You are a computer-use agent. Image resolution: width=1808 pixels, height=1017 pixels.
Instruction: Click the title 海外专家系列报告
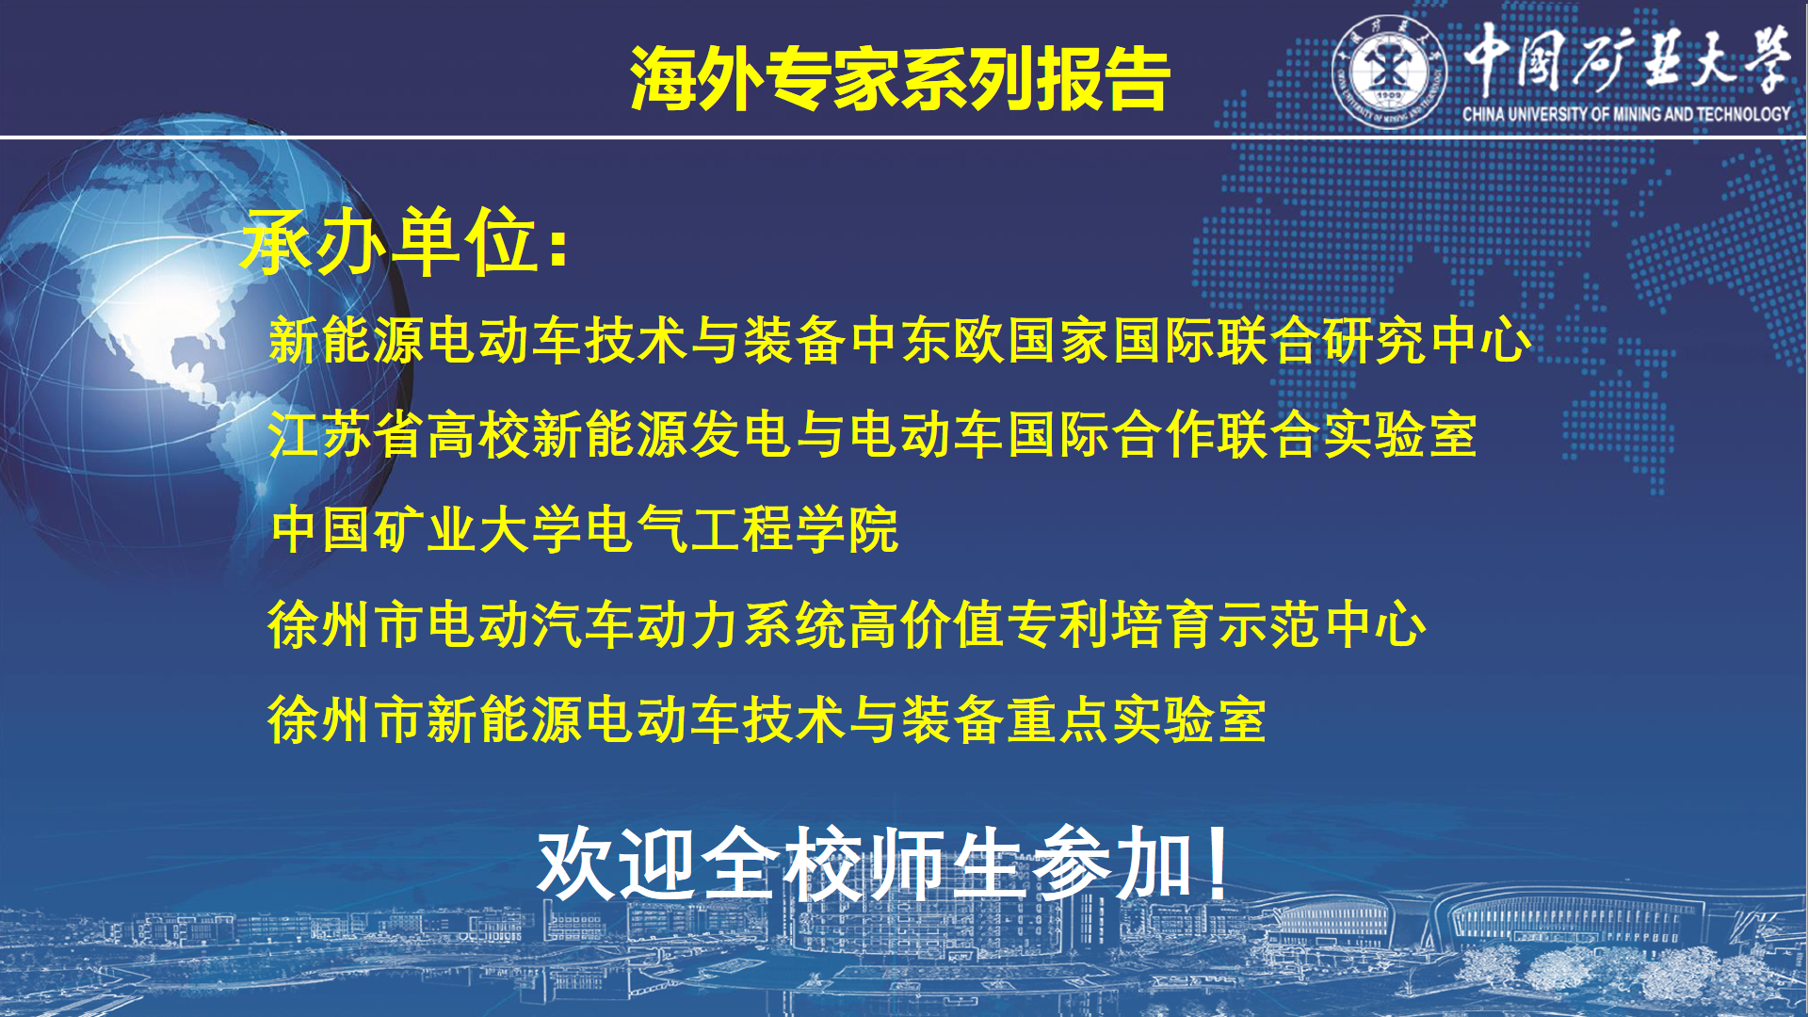pyautogui.click(x=899, y=78)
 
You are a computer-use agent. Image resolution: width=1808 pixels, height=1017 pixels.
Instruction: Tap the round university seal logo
pyautogui.click(x=1389, y=72)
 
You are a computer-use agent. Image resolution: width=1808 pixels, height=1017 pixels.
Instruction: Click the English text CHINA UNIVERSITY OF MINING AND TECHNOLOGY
pyautogui.click(x=1626, y=114)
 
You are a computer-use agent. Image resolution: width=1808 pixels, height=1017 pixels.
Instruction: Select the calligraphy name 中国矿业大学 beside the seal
pyautogui.click(x=1626, y=58)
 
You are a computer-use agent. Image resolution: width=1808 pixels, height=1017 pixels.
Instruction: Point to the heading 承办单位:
pyautogui.click(x=406, y=242)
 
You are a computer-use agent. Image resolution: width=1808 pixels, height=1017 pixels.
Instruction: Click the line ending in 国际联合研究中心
pyautogui.click(x=900, y=340)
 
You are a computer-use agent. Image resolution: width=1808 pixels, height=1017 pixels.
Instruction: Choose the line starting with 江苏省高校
pyautogui.click(x=873, y=435)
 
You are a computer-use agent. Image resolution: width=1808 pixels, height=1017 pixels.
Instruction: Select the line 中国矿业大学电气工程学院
pyautogui.click(x=585, y=529)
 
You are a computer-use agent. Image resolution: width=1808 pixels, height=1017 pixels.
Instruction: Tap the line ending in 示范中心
pyautogui.click(x=847, y=624)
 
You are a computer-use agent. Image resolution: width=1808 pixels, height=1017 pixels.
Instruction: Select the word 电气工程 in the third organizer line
pyautogui.click(x=689, y=529)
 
